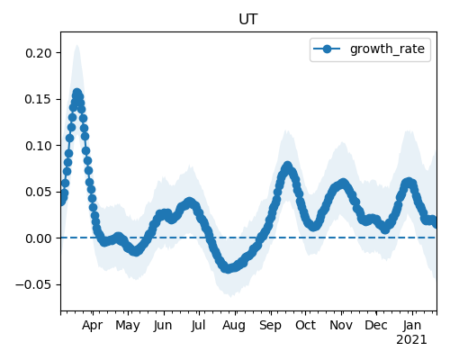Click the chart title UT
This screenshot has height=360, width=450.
[248, 20]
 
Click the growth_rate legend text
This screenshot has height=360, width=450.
[387, 49]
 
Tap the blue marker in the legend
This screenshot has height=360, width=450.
[327, 49]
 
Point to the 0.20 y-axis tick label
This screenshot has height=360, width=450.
[39, 53]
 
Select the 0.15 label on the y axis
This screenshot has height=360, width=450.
[39, 99]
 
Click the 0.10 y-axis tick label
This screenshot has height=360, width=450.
[39, 146]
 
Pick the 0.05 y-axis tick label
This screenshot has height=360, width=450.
[39, 192]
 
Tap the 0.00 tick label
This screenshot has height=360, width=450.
[39, 238]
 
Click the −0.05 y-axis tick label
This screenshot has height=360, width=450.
[33, 284]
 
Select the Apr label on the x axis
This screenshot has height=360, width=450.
[93, 326]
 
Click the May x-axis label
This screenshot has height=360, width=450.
[128, 326]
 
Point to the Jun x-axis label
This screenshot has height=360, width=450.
[163, 326]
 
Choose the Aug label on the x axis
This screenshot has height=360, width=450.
[234, 326]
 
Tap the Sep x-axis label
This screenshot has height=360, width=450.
[270, 326]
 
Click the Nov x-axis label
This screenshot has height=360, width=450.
[341, 326]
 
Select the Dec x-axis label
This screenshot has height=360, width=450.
[376, 326]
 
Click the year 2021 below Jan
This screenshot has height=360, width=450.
[411, 340]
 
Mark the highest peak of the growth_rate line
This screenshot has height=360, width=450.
[77, 93]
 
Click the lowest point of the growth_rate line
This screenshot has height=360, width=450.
[229, 268]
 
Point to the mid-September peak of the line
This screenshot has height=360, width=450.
[288, 166]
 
